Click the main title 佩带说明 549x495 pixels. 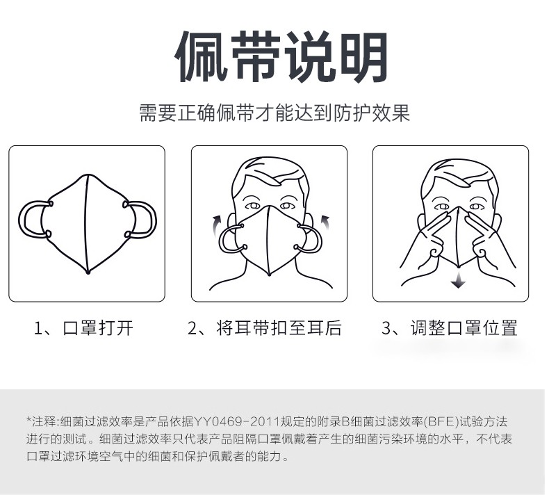coord(282,57)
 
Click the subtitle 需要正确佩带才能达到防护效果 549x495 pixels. coord(274,113)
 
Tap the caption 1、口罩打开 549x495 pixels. coord(83,328)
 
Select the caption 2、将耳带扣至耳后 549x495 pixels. coord(265,328)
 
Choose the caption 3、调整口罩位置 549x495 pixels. coord(450,328)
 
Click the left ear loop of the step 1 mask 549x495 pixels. coord(22,220)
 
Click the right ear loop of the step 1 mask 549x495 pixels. coord(154,220)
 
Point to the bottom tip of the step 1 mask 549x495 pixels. coord(88,272)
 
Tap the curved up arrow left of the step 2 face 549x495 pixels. coord(215,225)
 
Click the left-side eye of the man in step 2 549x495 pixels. coord(252,206)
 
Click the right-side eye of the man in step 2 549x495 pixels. coord(287,205)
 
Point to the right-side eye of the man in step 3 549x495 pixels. coord(477,206)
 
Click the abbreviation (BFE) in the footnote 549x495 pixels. coord(441,421)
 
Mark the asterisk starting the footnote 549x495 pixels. coord(29,419)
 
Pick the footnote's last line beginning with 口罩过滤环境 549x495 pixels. coord(158,457)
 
